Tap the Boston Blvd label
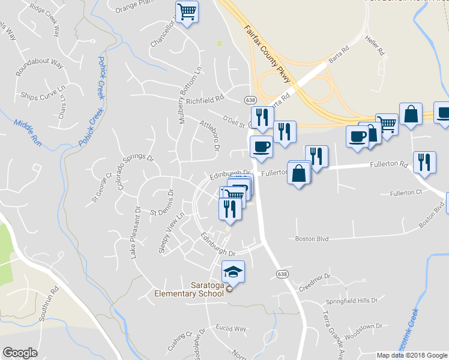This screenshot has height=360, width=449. click(x=312, y=239)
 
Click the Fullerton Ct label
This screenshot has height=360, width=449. click(x=406, y=193)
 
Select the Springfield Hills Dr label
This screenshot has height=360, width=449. click(x=351, y=300)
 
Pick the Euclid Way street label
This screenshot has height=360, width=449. click(x=232, y=329)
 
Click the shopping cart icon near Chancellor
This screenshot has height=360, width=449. click(x=187, y=11)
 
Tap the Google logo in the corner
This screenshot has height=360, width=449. click(x=20, y=353)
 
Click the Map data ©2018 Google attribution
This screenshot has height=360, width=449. click(x=412, y=355)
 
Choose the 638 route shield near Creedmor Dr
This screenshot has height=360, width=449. click(x=282, y=274)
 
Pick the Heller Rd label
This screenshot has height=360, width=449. click(x=373, y=46)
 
